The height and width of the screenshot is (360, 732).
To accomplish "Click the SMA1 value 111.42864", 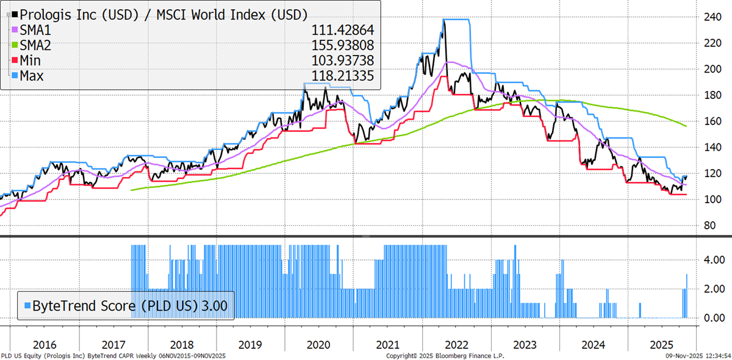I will tap(343, 29).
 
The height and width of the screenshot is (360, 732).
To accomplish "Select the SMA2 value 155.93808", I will tap(343, 45).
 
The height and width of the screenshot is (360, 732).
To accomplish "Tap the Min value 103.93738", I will tap(343, 60).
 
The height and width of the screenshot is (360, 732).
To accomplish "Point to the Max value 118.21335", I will tap(343, 76).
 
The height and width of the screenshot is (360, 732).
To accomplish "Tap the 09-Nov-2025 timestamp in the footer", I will tap(696, 355).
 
